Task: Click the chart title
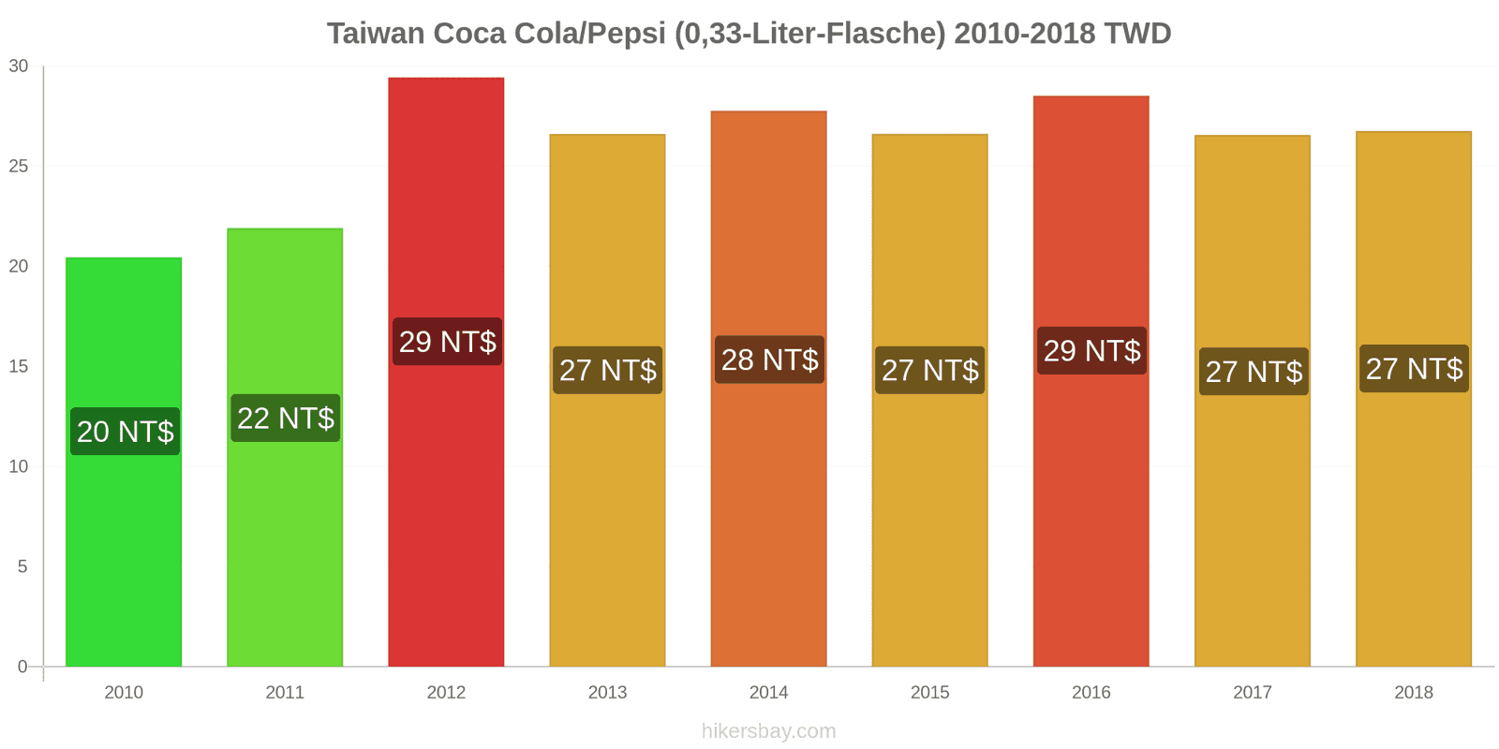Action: click(749, 34)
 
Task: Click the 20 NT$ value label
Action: click(125, 432)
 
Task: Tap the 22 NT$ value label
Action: click(286, 418)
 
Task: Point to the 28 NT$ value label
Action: click(769, 360)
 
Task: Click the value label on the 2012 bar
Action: click(447, 342)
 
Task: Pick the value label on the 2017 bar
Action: click(1254, 372)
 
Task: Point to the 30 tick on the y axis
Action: click(19, 66)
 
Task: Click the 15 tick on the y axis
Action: click(19, 367)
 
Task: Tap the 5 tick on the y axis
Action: click(22, 567)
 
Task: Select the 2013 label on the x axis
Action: click(607, 693)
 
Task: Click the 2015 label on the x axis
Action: click(929, 693)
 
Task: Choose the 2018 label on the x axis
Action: click(1413, 693)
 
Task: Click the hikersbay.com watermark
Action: click(768, 731)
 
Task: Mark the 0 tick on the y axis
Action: click(22, 668)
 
